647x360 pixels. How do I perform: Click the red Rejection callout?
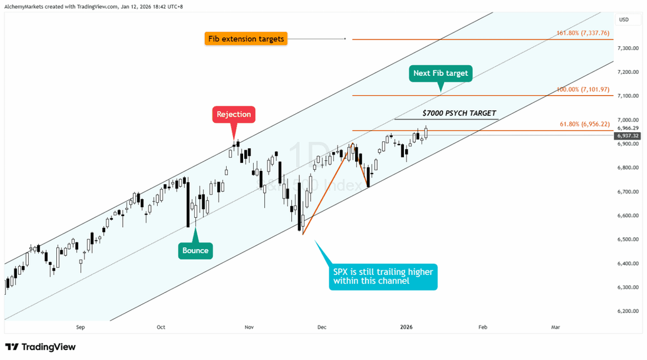coord(234,114)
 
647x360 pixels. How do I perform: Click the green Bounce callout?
coord(195,250)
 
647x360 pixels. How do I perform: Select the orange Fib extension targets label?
coord(246,39)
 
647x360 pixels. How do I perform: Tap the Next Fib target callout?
coord(440,73)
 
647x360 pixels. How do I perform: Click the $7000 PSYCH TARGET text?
coord(460,114)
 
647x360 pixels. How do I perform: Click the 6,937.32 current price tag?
coord(628,135)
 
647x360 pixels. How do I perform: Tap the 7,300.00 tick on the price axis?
coord(628,48)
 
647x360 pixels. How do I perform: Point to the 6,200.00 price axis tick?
coord(628,311)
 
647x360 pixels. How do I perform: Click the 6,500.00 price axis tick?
coord(628,239)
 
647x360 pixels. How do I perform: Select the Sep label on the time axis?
coord(80,327)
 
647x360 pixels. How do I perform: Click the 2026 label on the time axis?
coord(406,327)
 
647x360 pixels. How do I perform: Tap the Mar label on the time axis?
coord(555,327)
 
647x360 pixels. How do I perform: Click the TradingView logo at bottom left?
coord(40,347)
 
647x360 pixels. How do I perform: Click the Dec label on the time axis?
coord(322,327)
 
